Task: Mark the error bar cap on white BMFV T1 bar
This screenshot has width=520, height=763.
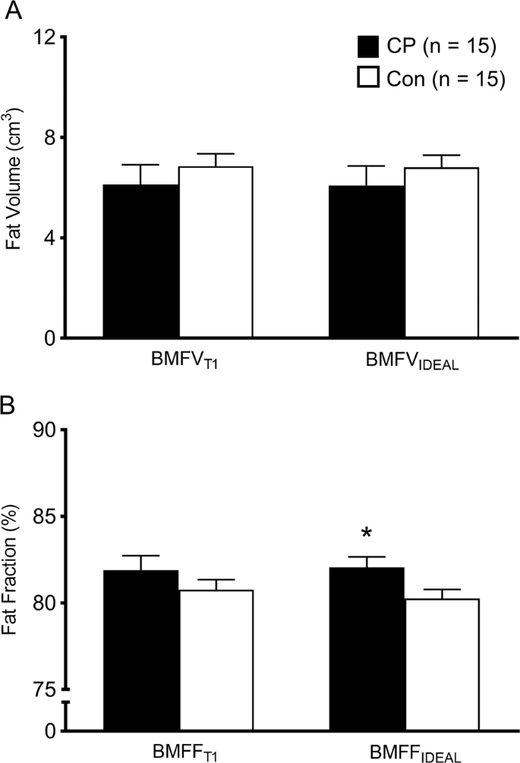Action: pos(216,154)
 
